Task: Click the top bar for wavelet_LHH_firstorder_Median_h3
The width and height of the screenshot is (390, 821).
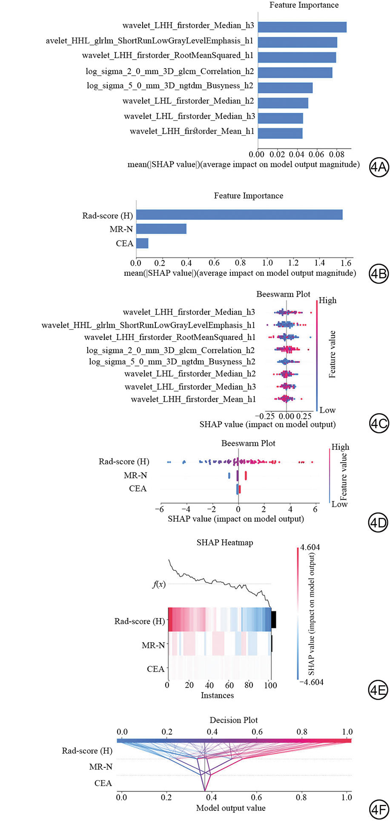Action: click(302, 27)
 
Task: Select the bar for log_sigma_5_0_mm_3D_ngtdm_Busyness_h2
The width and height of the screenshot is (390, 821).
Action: click(285, 88)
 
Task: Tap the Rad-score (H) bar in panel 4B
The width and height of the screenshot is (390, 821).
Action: click(239, 215)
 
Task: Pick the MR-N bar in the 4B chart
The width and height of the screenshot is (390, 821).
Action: click(161, 229)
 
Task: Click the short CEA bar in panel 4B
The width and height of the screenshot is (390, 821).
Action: click(142, 243)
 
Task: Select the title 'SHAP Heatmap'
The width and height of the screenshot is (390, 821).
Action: click(224, 543)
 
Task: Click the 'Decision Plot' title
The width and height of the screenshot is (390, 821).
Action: click(233, 720)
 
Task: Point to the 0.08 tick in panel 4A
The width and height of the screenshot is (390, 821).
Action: click(336, 154)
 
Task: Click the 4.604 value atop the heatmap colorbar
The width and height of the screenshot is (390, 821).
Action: click(310, 547)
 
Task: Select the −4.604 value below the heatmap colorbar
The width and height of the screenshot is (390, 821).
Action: click(311, 682)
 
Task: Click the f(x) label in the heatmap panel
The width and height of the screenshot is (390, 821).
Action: click(159, 584)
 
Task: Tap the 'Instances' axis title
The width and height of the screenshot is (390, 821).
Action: click(217, 695)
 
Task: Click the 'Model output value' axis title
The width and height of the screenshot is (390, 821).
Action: click(230, 808)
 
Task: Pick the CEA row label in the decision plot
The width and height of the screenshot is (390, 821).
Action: click(103, 783)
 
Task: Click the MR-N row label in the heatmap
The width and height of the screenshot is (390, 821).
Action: click(153, 645)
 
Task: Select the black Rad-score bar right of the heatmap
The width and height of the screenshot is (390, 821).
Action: click(274, 619)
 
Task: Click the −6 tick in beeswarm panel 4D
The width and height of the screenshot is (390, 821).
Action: click(159, 509)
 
